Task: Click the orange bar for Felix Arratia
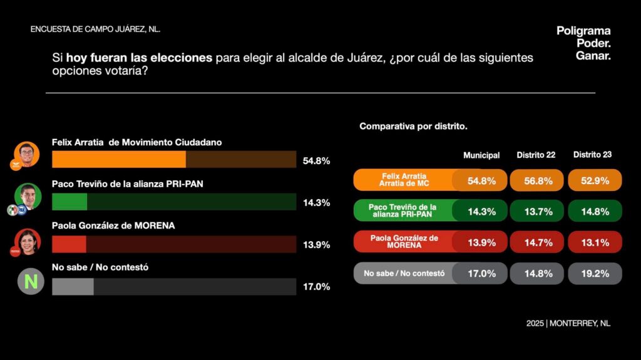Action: (x=119, y=160)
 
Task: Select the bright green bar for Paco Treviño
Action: (x=69, y=202)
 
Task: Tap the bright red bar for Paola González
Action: (x=69, y=244)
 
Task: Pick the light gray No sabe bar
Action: (x=73, y=287)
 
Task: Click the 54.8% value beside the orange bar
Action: (x=316, y=160)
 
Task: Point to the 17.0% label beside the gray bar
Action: (x=316, y=287)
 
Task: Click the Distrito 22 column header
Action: (x=536, y=155)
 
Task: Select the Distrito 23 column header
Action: (x=593, y=155)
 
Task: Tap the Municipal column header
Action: (x=481, y=155)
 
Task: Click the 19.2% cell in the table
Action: (x=595, y=273)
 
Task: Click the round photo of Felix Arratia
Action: (x=26, y=154)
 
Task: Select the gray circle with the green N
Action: (x=31, y=281)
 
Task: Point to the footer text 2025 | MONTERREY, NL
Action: (x=568, y=324)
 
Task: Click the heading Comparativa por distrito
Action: (x=413, y=126)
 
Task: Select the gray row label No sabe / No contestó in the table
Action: (x=404, y=273)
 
